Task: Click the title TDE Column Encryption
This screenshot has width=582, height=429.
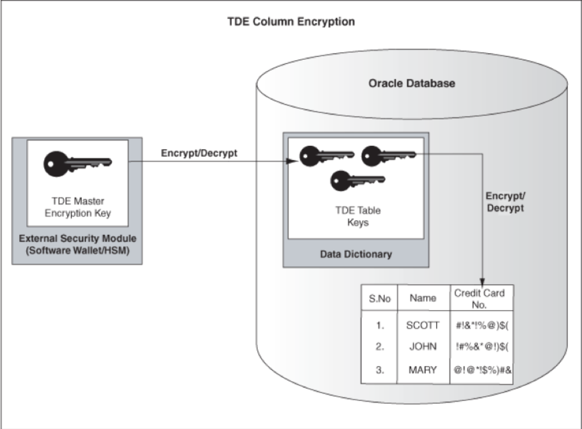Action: tap(291, 22)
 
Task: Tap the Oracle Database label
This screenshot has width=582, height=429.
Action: tap(412, 83)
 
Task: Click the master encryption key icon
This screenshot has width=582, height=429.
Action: tap(78, 164)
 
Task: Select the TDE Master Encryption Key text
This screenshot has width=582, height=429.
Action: tap(78, 207)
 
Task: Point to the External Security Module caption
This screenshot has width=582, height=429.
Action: tap(78, 244)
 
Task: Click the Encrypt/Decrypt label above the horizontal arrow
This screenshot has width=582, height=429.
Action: tap(199, 153)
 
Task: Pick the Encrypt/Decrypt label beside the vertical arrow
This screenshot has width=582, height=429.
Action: tap(505, 202)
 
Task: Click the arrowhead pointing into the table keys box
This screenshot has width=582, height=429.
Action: tap(293, 161)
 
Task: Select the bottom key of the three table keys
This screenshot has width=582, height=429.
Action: tap(357, 180)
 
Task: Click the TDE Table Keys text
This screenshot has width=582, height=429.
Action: tap(358, 216)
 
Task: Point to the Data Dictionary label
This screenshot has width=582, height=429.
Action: tap(356, 254)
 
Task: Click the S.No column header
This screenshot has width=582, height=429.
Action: tap(379, 299)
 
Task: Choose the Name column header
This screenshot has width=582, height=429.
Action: tap(423, 298)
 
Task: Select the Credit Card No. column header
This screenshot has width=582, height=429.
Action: tap(479, 299)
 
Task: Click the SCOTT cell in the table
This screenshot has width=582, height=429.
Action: tap(423, 326)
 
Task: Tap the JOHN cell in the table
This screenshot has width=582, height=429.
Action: tap(423, 347)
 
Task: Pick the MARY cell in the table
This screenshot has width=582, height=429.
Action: tap(423, 370)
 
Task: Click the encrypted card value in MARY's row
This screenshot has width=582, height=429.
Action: tap(483, 370)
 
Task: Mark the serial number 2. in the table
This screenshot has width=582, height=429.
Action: tap(379, 347)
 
